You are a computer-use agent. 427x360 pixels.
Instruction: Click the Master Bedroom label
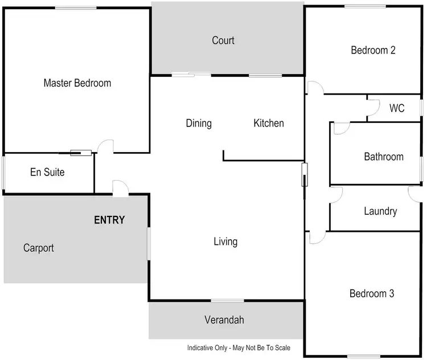pyautogui.click(x=77, y=83)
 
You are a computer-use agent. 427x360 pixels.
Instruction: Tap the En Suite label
pyautogui.click(x=47, y=172)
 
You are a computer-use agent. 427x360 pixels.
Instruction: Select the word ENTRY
pyautogui.click(x=109, y=220)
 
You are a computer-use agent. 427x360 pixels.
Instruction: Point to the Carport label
pyautogui.click(x=39, y=248)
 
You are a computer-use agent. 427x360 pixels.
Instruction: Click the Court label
pyautogui.click(x=223, y=40)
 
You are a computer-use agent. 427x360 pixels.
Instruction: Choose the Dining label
pyautogui.click(x=199, y=123)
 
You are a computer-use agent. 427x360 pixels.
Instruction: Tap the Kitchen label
pyautogui.click(x=269, y=123)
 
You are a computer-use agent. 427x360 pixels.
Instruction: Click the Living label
pyautogui.click(x=225, y=242)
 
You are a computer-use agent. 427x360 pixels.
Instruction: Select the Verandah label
pyautogui.click(x=224, y=320)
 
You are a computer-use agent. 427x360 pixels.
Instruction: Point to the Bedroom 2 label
pyautogui.click(x=373, y=50)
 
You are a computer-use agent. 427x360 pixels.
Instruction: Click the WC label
pyautogui.click(x=397, y=108)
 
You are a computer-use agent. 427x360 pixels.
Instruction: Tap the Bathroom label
pyautogui.click(x=384, y=157)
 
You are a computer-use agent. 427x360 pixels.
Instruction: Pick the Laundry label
pyautogui.click(x=380, y=211)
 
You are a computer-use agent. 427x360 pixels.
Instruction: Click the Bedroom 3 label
pyautogui.click(x=372, y=294)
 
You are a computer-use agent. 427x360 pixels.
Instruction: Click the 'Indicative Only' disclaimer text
pyautogui.click(x=239, y=347)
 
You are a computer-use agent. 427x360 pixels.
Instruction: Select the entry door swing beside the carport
pyautogui.click(x=121, y=187)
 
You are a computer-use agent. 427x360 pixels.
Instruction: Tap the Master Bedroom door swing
pyautogui.click(x=105, y=147)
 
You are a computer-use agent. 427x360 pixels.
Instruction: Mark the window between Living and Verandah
pyautogui.click(x=227, y=301)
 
